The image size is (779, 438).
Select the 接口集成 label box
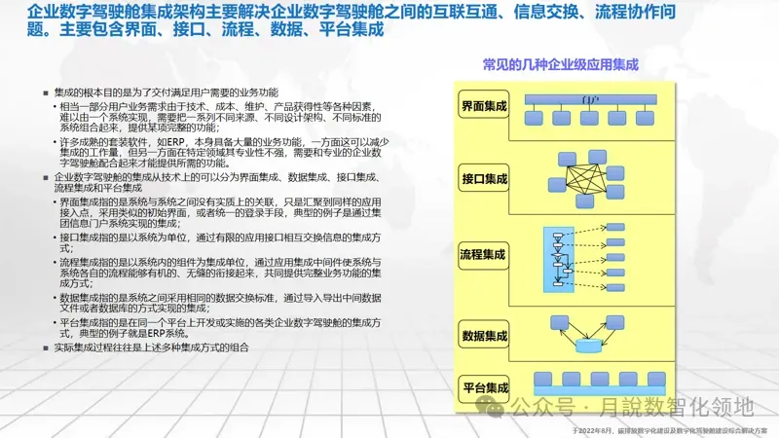(483, 179)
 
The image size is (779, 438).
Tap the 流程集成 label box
(483, 255)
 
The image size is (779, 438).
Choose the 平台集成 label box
(483, 386)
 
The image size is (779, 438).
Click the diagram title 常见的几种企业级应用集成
(560, 65)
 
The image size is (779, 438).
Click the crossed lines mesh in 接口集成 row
(588, 184)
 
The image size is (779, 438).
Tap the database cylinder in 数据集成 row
(590, 346)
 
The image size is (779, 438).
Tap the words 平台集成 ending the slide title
(350, 30)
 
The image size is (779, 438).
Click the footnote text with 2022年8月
(672, 429)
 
